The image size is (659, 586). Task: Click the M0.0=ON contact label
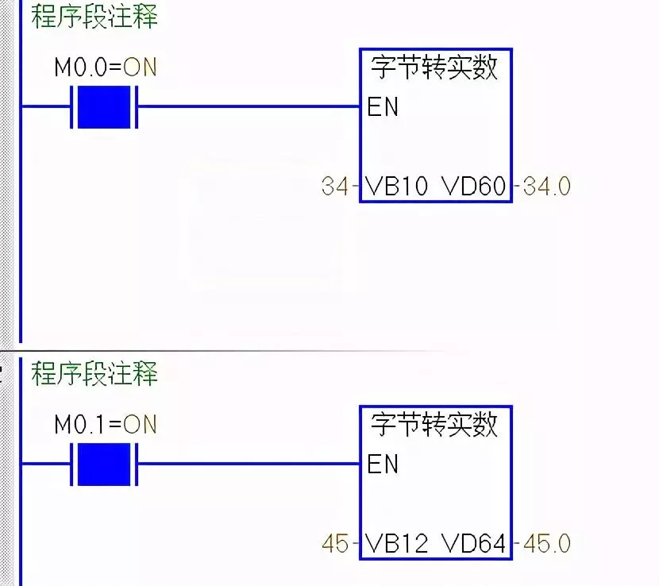[x=106, y=67]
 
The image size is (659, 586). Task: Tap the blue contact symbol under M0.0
[x=104, y=106]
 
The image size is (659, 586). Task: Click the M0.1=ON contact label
[x=106, y=424]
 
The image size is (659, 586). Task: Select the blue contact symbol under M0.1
[x=104, y=464]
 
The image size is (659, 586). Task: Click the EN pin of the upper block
[x=383, y=106]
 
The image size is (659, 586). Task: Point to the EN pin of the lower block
[x=383, y=464]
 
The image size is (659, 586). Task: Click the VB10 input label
[x=397, y=186]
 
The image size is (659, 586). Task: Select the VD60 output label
[x=474, y=186]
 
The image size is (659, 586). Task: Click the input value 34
[x=335, y=186]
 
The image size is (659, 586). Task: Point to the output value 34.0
[x=547, y=186]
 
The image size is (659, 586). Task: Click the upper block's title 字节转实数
[x=434, y=67]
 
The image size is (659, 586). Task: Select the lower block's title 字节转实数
[x=434, y=425]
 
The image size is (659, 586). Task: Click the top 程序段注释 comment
[x=94, y=17]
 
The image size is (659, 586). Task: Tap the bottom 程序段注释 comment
[x=94, y=373]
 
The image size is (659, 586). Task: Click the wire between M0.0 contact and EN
[x=249, y=106]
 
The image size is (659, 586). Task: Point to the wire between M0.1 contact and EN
[x=249, y=464]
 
